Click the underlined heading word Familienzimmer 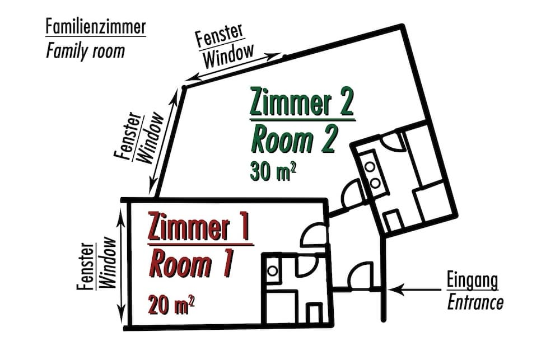click(96, 27)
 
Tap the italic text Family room click(85, 51)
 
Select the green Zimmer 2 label click(302, 102)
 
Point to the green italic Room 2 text click(294, 139)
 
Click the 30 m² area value click(273, 171)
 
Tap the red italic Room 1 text click(191, 264)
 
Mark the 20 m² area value click(171, 305)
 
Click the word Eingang click(473, 280)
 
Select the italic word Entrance click(475, 303)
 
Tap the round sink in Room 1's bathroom click(273, 271)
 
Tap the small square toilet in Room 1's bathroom click(315, 313)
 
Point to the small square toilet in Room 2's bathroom click(394, 221)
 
